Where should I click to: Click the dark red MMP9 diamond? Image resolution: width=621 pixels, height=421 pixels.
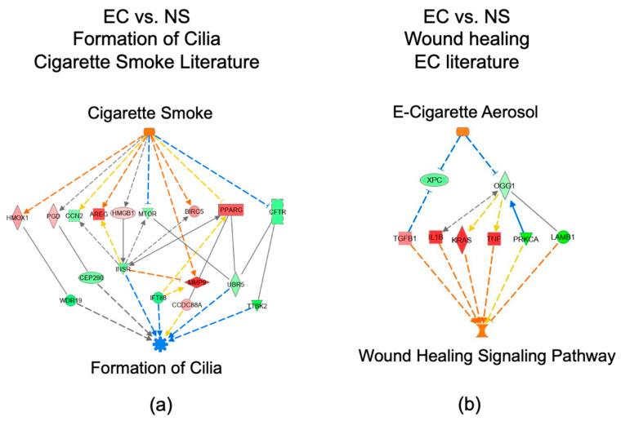(x=196, y=282)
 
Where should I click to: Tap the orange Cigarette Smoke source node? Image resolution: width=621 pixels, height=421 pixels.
(x=149, y=132)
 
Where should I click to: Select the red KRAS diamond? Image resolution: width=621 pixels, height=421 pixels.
(x=463, y=240)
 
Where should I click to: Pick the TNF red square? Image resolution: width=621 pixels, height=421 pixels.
(x=494, y=238)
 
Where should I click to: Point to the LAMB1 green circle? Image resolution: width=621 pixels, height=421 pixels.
(x=561, y=237)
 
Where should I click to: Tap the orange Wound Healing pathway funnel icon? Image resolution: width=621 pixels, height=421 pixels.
(x=484, y=329)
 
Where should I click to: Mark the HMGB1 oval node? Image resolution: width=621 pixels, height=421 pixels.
(x=122, y=213)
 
